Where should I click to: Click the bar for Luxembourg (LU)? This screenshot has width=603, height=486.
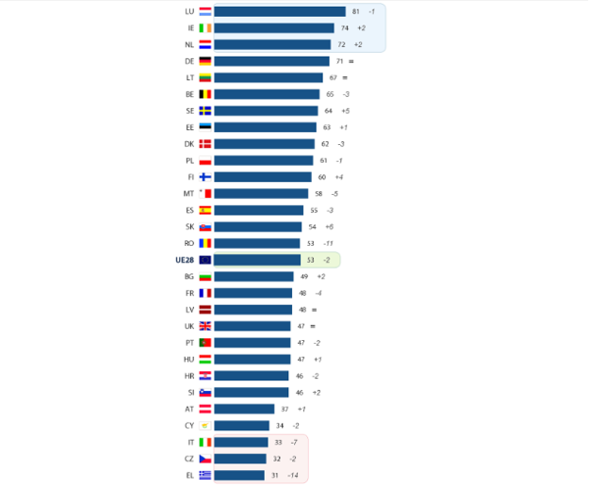coord(280,11)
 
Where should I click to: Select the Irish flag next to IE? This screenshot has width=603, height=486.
coord(204,28)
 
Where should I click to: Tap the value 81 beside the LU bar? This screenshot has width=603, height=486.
coord(355,11)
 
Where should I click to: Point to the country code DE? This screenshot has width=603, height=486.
coord(189,61)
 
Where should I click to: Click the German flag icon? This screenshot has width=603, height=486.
coord(204,61)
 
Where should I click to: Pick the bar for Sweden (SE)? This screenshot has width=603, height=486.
coord(266,111)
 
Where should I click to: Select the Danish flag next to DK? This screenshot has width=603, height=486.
coord(204,144)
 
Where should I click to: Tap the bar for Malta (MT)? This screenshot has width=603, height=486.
coord(261,193)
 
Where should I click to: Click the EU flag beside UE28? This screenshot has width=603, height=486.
coord(204,260)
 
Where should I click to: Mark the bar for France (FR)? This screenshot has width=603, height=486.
coord(253,293)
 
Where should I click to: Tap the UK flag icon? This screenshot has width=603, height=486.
coord(204,326)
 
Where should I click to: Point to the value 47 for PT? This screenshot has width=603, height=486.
coord(301,343)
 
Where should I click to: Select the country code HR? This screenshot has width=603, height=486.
coord(189,376)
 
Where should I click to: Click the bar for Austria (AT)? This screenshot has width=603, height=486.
coord(244,409)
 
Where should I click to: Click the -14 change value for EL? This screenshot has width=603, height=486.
coord(293,475)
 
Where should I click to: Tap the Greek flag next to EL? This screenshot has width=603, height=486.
coord(204,475)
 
